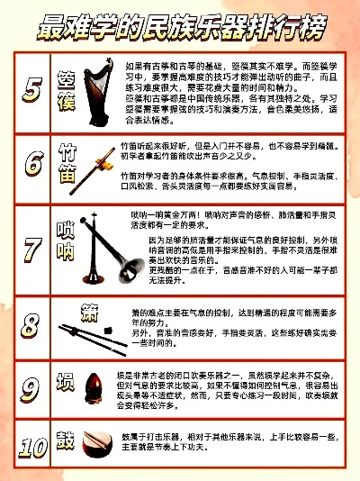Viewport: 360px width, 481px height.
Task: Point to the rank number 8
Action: point(31,322)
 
